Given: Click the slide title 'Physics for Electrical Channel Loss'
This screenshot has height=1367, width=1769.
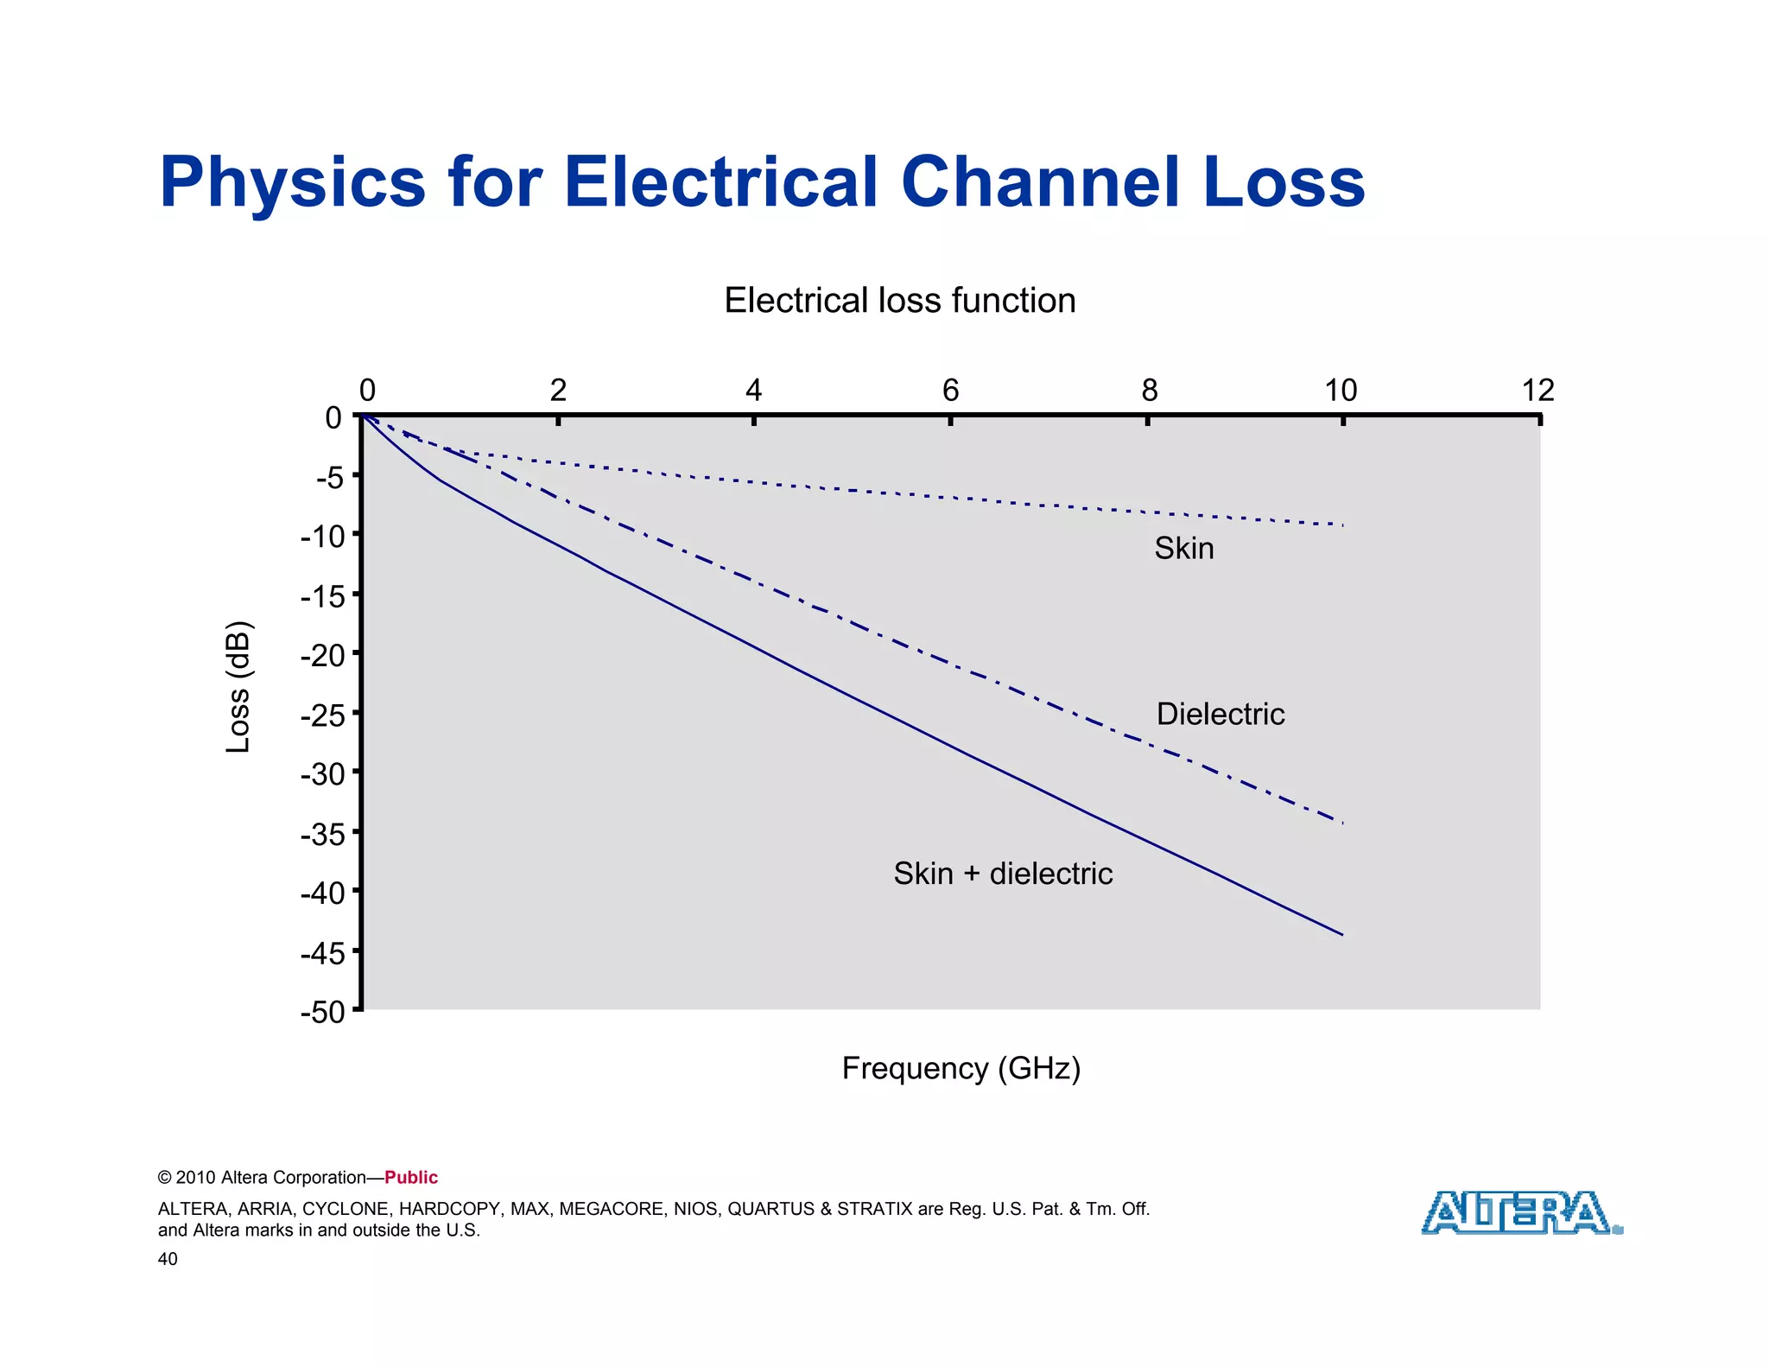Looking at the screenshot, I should pos(762,182).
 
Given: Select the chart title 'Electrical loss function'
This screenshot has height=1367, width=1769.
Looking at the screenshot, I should pos(899,301).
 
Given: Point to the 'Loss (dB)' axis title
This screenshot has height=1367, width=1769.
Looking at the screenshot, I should pos(238,687).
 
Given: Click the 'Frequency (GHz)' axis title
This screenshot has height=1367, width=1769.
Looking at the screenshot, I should pos(961,1068).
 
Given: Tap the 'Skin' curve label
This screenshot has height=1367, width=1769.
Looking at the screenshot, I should pos(1183,549).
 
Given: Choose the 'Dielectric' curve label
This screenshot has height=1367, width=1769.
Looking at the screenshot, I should pos(1220,714).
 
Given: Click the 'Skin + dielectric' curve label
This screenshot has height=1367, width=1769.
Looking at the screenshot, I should pos(1002,874).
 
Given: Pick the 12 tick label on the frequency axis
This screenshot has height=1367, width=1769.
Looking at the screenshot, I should pos(1538,391).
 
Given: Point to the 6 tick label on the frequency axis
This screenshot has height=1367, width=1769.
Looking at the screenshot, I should pos(950,391).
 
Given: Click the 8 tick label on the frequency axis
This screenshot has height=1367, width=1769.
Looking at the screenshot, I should pos(1149,391).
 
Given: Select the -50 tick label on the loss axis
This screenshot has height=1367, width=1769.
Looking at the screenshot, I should pos(322,1012).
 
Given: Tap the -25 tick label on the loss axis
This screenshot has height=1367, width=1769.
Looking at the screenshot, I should pos(322,715).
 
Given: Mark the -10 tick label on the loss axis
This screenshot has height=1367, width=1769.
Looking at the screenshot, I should pos(322,537).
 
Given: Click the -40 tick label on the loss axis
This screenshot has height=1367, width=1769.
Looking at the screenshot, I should pos(322,893).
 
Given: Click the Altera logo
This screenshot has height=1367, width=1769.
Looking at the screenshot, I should pos(1520,1213).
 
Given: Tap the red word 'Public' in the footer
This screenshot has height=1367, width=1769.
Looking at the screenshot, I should pos(411,1178).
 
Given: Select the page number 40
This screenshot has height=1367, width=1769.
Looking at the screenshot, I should pos(168,1259).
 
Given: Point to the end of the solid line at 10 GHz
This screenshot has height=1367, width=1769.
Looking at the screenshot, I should pos(1342,935).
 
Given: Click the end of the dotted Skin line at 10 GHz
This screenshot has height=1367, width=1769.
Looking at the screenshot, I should pos(1342,525).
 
